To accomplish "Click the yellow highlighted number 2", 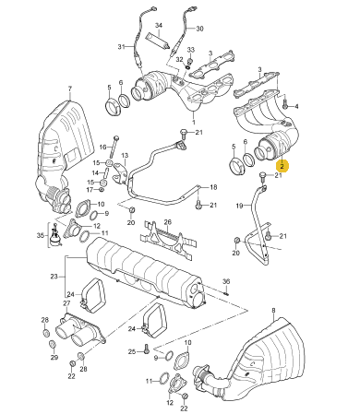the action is click(x=282, y=166).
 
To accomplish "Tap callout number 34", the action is click(x=158, y=25).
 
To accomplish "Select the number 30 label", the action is click(x=199, y=29).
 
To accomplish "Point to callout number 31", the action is click(x=121, y=47).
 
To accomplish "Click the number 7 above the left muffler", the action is click(x=70, y=89).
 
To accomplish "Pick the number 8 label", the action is click(x=273, y=311).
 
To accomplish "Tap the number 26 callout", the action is click(x=167, y=222).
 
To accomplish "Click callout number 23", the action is click(x=54, y=277).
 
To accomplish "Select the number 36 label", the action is click(x=226, y=281).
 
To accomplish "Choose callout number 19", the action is click(x=239, y=206).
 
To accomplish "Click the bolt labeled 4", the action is click(x=284, y=103).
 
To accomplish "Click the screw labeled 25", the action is click(x=146, y=349).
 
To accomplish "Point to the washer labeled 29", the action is click(x=53, y=344).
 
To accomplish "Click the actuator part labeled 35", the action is click(x=55, y=235).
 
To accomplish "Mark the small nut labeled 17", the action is click(x=102, y=191).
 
